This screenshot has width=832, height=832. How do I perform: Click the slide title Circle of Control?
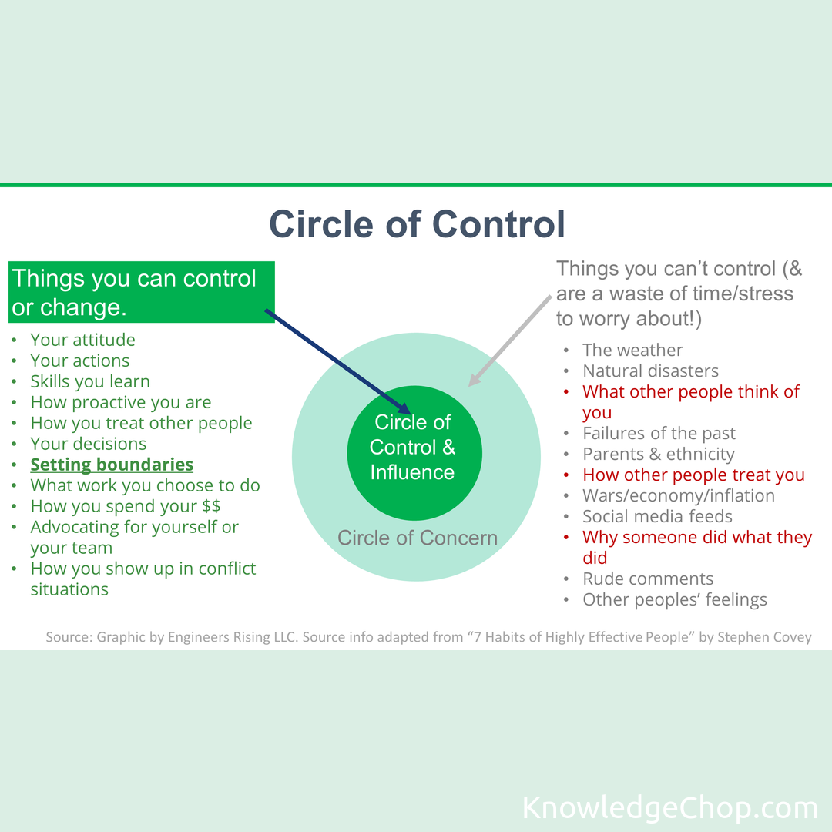pos(417,223)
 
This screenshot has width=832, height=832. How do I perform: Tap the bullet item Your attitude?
pos(82,340)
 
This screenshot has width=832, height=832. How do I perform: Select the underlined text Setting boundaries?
pos(112,465)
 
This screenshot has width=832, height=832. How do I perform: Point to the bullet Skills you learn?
pos(90,381)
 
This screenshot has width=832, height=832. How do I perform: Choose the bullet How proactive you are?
pos(120,402)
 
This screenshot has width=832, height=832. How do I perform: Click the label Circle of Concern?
pos(418,538)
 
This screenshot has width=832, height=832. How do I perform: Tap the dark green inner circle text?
pos(413,447)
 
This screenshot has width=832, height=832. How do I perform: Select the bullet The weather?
pos(632,351)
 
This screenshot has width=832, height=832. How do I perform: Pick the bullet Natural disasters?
pos(650,371)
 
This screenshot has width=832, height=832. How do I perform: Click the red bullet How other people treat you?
pos(693,475)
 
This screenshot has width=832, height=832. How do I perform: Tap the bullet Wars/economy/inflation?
pos(679,496)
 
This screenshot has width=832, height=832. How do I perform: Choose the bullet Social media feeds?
pos(657,517)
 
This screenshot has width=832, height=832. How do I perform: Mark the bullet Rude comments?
pos(648,579)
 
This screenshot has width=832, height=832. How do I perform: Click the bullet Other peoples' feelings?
pos(675,600)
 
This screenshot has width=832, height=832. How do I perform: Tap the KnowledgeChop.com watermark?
pos(669,808)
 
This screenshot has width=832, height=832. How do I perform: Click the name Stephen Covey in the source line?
pos(765,638)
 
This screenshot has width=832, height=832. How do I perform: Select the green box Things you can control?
pos(142,292)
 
